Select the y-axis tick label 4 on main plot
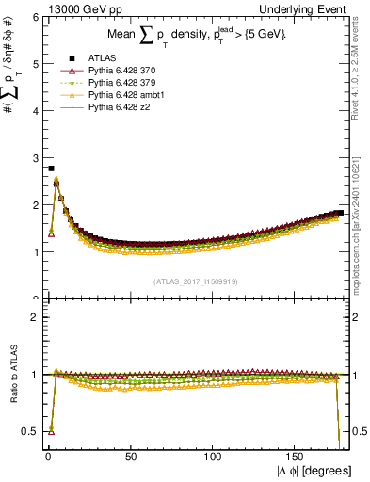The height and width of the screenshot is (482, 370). (34, 111)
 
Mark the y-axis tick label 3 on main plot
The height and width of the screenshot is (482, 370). (34, 158)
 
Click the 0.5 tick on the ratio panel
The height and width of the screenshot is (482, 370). (30, 431)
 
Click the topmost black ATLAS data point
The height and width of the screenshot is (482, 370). (50, 169)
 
